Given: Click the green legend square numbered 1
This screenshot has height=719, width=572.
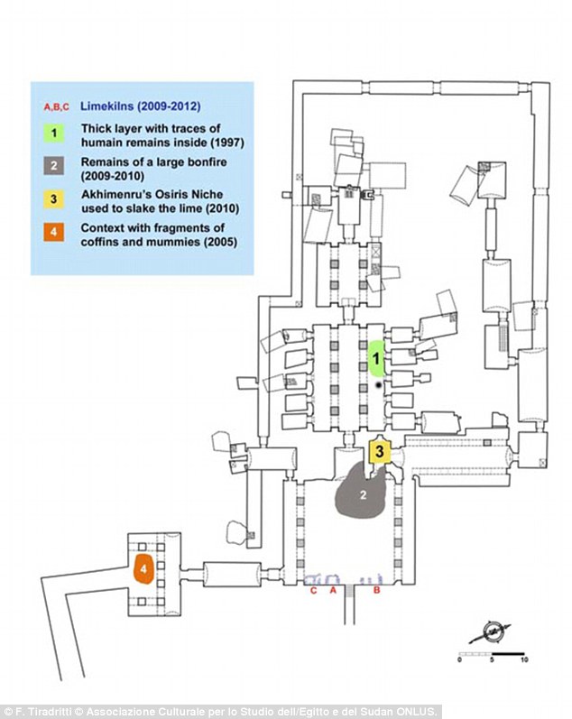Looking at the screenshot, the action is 54,133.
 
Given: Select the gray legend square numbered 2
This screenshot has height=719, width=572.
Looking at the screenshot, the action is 54,165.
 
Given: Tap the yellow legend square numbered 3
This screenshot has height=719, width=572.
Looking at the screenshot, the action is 54,199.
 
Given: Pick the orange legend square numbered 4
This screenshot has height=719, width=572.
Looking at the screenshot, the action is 54,232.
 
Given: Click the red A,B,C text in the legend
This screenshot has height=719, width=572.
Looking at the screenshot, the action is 57,106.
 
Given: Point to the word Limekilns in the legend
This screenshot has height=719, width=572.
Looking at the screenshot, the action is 106,106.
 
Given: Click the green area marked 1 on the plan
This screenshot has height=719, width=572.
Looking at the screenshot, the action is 377,357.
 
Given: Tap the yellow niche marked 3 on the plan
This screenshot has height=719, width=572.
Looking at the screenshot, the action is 380,451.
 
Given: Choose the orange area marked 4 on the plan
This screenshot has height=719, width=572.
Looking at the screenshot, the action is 143,568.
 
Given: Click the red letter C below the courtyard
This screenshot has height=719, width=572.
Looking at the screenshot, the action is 313,590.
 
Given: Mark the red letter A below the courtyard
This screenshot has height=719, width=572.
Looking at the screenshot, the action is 334,590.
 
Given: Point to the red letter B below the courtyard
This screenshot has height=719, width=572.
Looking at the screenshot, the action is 376,590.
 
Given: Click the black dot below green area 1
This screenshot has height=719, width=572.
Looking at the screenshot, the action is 378,385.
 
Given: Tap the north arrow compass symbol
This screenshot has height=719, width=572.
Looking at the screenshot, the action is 492,632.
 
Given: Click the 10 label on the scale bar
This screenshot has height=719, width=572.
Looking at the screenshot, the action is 524,659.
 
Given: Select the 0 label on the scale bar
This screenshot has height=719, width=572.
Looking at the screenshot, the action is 459,659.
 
